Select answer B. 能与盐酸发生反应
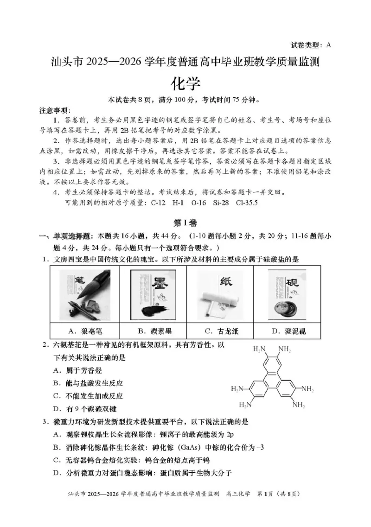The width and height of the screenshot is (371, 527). point(88,383)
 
